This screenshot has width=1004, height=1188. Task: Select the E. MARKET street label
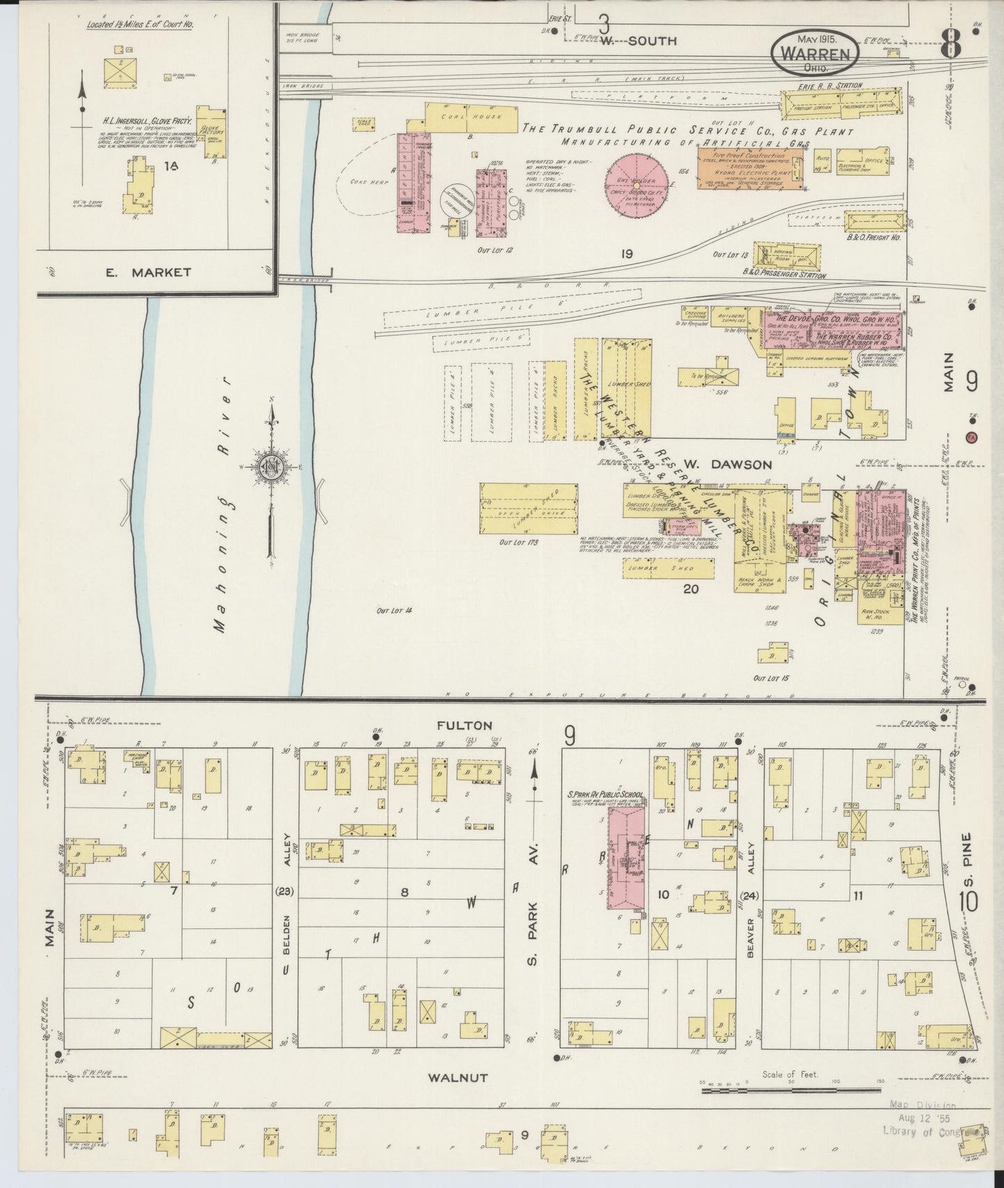148,272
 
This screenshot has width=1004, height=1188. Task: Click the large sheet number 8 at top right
951,47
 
